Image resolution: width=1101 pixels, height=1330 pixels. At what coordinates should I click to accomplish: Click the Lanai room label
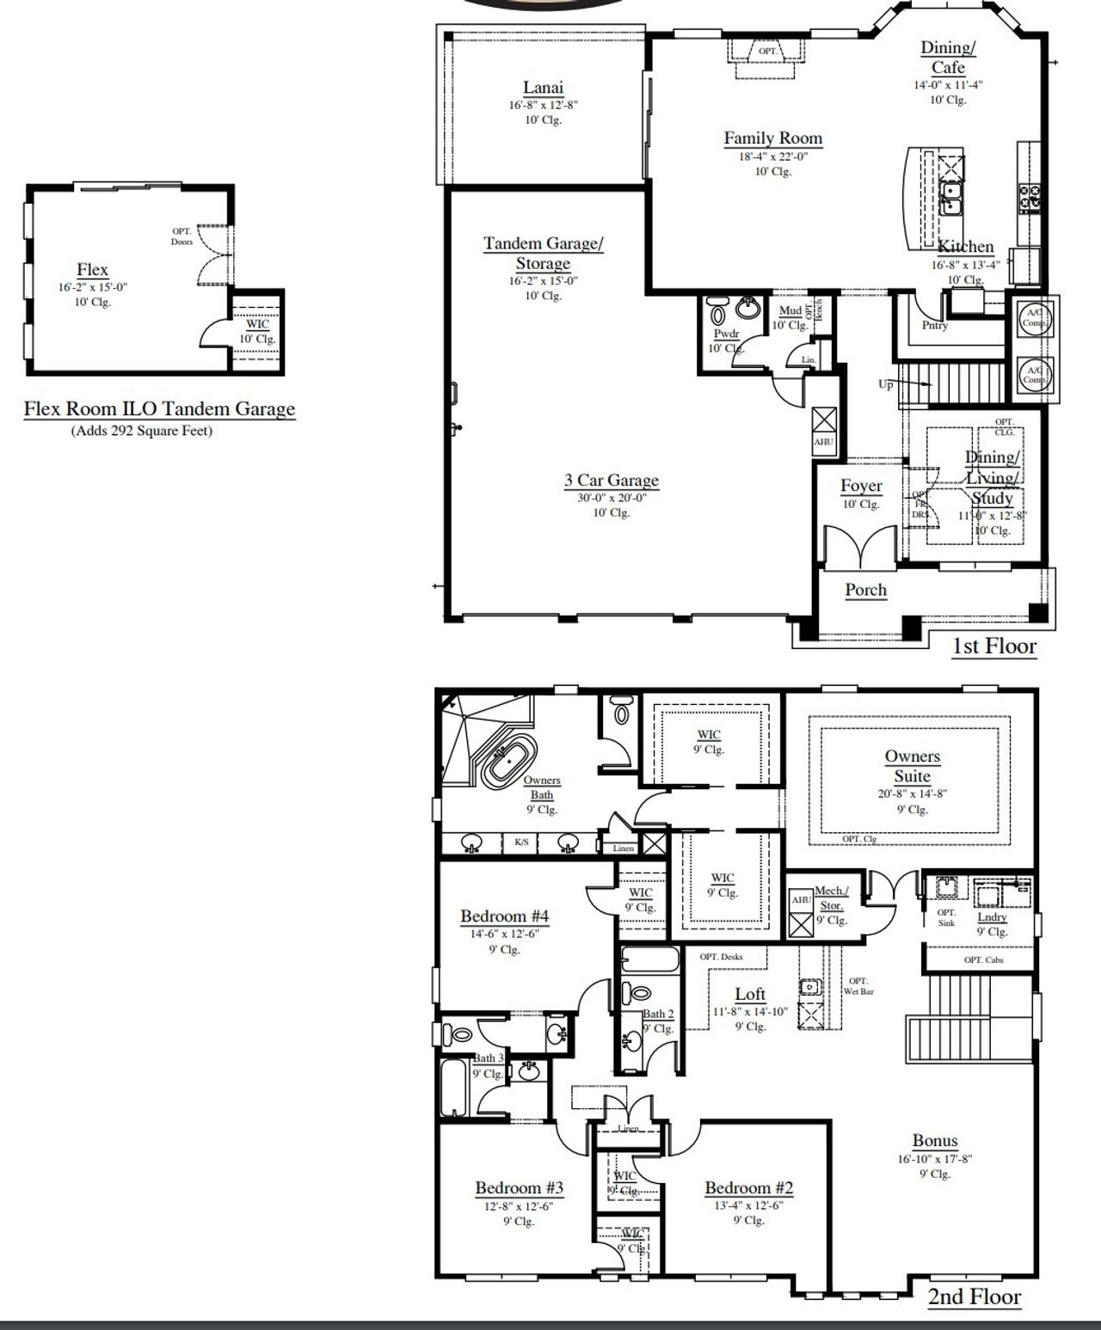coord(543,88)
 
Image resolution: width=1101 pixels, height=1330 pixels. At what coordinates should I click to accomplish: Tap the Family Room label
coord(772,138)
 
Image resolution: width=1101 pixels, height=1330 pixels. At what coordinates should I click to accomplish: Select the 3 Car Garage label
coord(611,481)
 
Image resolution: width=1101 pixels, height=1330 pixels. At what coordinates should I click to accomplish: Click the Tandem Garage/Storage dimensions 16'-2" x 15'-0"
coord(543,281)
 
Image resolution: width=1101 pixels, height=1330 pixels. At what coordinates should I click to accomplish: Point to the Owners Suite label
coord(912,766)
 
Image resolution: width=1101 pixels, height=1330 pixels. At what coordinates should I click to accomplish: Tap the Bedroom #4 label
coord(504,916)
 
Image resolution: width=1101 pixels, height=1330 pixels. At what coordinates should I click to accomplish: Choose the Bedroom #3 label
coord(519,1188)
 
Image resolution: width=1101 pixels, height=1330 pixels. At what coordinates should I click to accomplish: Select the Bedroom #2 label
coord(748,1188)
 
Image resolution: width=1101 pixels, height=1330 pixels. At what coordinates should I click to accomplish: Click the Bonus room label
coord(935,1141)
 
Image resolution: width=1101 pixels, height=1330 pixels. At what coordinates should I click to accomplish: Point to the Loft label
coord(750,995)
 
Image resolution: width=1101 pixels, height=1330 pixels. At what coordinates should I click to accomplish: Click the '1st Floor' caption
coord(993,647)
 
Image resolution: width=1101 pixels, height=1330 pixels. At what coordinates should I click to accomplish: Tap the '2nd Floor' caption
coord(974,1296)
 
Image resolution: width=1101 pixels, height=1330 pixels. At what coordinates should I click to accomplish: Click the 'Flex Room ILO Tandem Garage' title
coord(159,409)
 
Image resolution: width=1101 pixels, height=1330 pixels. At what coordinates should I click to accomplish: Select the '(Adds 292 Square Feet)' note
coord(141,431)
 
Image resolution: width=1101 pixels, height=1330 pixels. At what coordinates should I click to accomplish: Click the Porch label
coord(865,591)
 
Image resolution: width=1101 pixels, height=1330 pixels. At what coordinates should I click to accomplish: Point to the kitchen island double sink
coord(950,198)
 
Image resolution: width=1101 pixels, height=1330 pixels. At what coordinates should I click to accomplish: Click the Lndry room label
coord(992,917)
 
